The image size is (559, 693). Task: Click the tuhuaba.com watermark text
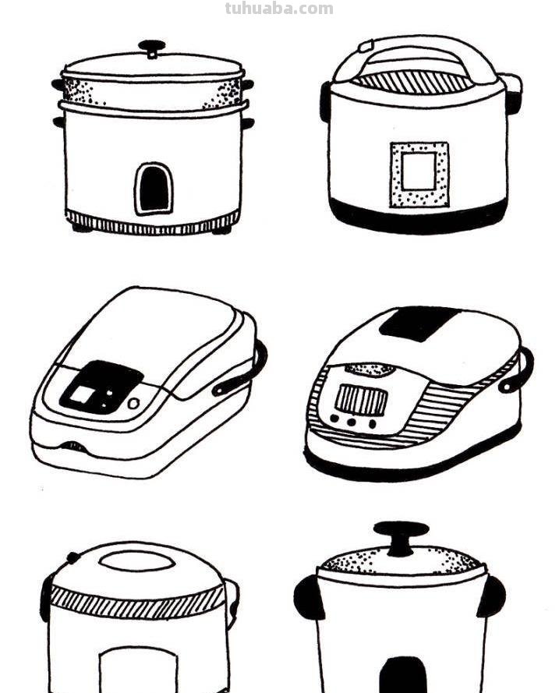click(x=279, y=9)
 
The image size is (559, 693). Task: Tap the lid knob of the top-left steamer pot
click(x=152, y=48)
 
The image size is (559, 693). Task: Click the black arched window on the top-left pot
click(x=154, y=189)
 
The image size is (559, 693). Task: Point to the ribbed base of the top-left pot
click(x=153, y=223)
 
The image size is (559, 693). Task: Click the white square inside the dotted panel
click(x=419, y=171)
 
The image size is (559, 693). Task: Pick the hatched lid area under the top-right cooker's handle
click(x=413, y=82)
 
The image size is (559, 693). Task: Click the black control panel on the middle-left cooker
click(x=101, y=387)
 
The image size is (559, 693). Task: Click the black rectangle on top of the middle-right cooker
click(x=419, y=323)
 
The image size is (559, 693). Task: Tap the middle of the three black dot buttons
click(x=352, y=422)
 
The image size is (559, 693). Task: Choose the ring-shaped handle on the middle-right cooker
click(x=518, y=370)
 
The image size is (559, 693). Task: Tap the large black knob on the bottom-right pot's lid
click(x=402, y=537)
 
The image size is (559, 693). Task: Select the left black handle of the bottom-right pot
click(x=309, y=597)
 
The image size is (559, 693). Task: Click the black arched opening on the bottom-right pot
click(x=403, y=675)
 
